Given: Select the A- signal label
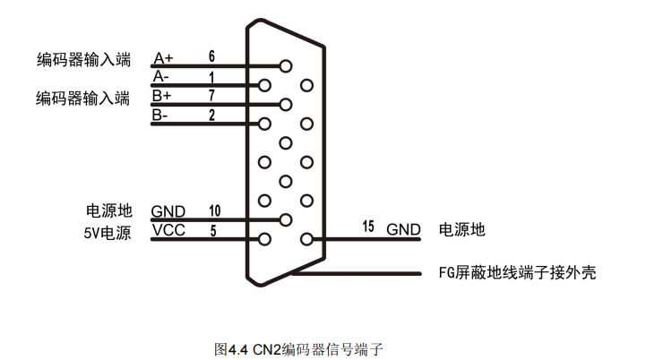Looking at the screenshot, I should tap(160, 77).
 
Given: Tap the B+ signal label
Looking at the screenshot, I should tap(162, 96).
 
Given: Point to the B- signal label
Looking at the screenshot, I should tap(160, 115).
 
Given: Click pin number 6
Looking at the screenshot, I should tap(211, 56).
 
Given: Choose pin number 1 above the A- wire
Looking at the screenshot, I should tap(211, 76).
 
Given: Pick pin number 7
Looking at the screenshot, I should tap(211, 95).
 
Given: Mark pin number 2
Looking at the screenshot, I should tap(211, 115).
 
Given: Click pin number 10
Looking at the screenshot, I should tap(214, 210).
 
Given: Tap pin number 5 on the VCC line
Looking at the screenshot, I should tap(212, 230).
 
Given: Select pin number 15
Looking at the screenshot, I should tap(368, 227).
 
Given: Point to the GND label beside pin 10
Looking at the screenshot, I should tap(168, 211).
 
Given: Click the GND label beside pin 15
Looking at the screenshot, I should tap(403, 229).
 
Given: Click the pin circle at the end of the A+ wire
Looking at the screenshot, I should tap(286, 65).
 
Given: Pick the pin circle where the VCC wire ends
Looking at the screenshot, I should tap(264, 239).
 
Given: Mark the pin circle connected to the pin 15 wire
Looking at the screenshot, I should tap(307, 239).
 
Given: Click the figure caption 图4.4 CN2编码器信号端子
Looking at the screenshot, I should tap(299, 348).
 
